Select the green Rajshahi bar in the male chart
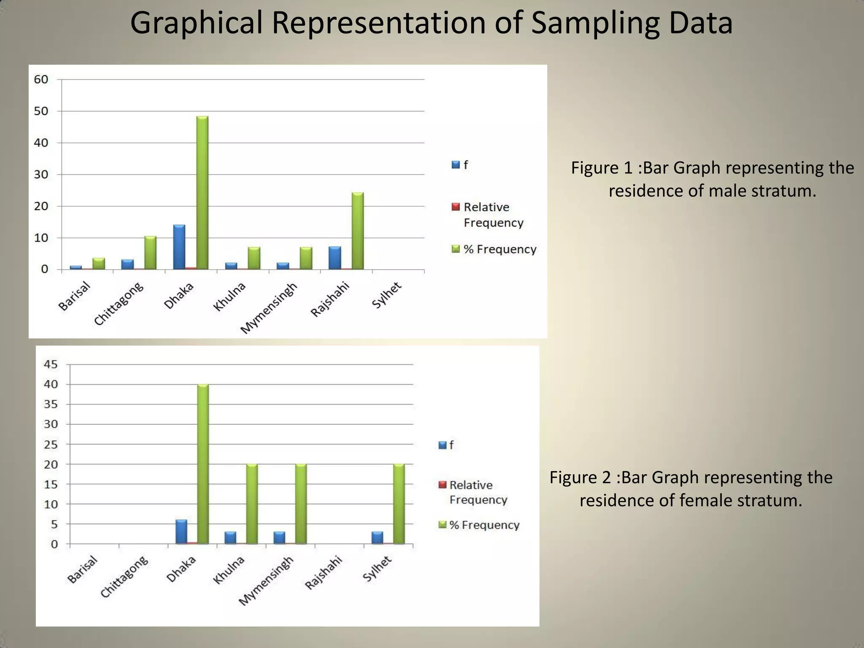[358, 231]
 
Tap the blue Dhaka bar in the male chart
[179, 247]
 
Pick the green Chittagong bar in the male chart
[150, 253]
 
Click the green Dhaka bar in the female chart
[203, 464]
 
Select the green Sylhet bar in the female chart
[399, 504]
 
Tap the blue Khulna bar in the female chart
[230, 538]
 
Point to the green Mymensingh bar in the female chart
[301, 504]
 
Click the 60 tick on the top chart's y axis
[41, 79]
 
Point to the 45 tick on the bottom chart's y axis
[51, 364]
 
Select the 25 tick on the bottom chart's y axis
[51, 444]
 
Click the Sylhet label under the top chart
[386, 296]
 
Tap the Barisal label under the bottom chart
[83, 570]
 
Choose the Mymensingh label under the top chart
[269, 308]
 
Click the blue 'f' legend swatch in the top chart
[456, 165]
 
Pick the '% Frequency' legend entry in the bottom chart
[484, 525]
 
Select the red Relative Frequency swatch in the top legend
[456, 207]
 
